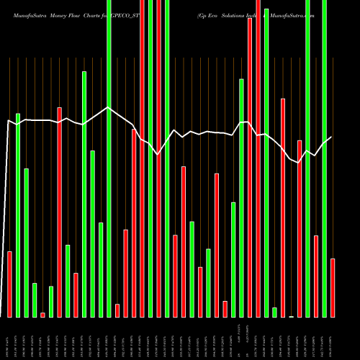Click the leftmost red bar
[x=10, y=284]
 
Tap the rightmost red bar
[x=333, y=287]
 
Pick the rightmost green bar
[x=324, y=158]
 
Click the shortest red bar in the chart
[x=42, y=315]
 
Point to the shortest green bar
[x=274, y=312]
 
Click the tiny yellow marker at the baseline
[x=291, y=316]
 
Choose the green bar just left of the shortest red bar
[x=35, y=300]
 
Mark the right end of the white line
[x=331, y=137]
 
